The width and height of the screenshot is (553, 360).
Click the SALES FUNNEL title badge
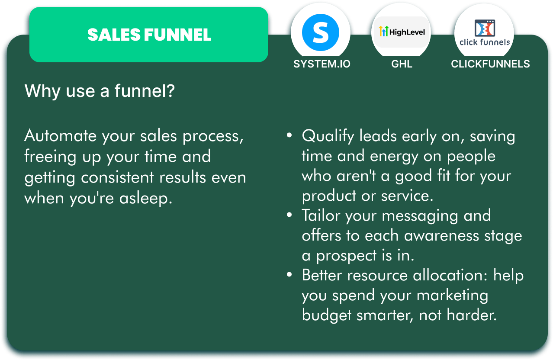click(x=149, y=35)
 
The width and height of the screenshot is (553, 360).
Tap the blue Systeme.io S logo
click(x=321, y=32)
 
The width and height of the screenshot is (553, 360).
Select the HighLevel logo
click(x=402, y=32)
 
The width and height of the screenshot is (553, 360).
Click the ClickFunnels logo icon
click(x=485, y=28)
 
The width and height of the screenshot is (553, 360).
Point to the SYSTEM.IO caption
click(x=322, y=64)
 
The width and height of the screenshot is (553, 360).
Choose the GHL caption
click(x=402, y=64)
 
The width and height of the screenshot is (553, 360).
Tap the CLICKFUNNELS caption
click(x=490, y=64)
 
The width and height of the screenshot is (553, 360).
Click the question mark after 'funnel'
click(x=170, y=90)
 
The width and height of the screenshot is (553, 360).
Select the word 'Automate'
click(x=60, y=136)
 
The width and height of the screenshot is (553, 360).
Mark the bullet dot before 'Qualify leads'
click(x=289, y=135)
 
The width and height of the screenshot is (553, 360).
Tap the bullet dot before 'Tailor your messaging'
click(x=289, y=215)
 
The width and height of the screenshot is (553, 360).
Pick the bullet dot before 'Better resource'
click(x=289, y=274)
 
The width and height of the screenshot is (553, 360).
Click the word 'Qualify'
click(x=328, y=136)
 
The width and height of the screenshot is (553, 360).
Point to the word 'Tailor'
click(x=321, y=215)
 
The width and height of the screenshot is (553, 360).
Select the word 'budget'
click(x=326, y=315)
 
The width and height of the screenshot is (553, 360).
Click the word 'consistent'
click(x=118, y=177)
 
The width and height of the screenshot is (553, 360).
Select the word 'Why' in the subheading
click(x=42, y=91)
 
